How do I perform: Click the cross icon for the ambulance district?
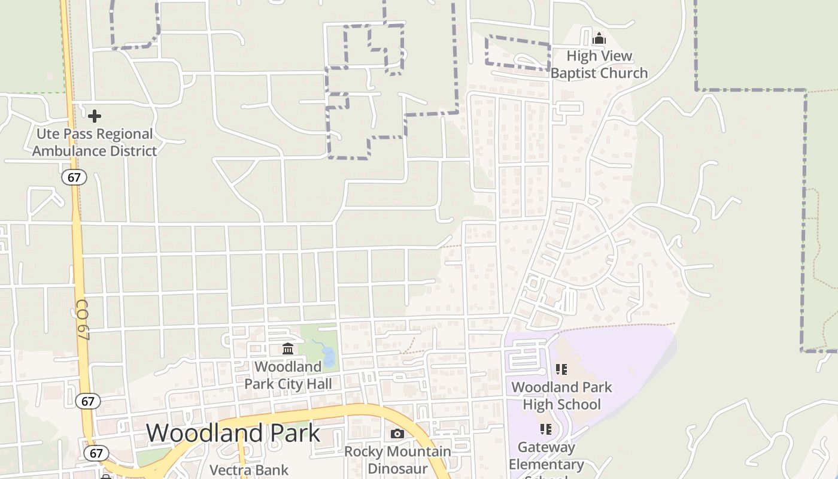tap(95, 116)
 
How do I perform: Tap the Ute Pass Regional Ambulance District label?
tap(95, 143)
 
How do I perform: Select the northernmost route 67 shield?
tap(74, 177)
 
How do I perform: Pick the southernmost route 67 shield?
tap(96, 453)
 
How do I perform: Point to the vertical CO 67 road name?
tap(83, 320)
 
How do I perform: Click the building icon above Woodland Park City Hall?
tap(288, 348)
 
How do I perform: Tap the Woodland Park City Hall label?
tap(288, 375)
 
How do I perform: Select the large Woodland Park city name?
tap(233, 433)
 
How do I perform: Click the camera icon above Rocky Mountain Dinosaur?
tap(397, 433)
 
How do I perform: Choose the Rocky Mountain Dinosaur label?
tap(397, 459)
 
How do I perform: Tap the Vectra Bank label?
tap(249, 470)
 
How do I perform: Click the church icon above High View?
tap(599, 40)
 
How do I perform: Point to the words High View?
tap(599, 56)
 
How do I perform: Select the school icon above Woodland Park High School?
tap(561, 369)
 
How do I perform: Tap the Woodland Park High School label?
tap(561, 395)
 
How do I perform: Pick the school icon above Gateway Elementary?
tap(545, 429)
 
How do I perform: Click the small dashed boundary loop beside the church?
tap(518, 53)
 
